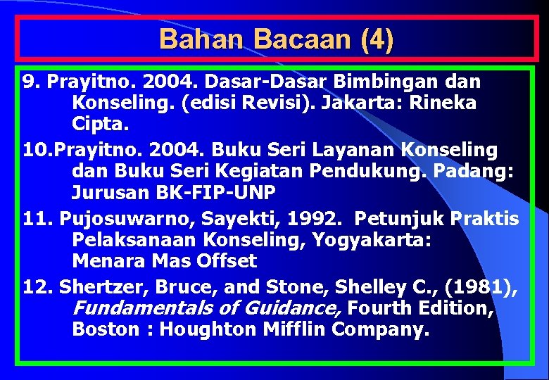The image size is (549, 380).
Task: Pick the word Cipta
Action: [99, 125]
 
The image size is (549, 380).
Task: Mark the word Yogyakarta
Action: [373, 240]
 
